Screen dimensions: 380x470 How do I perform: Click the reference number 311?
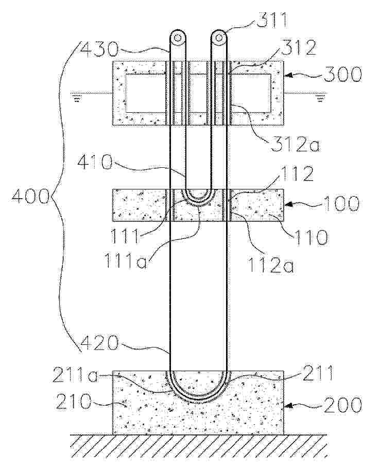(272, 21)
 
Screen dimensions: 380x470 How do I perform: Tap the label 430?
(99, 49)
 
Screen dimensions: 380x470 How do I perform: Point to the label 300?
(342, 74)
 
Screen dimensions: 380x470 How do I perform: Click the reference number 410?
(95, 163)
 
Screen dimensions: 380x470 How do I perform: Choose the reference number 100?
(341, 203)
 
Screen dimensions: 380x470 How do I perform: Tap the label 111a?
(126, 260)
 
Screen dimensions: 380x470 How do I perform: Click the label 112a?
(270, 266)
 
